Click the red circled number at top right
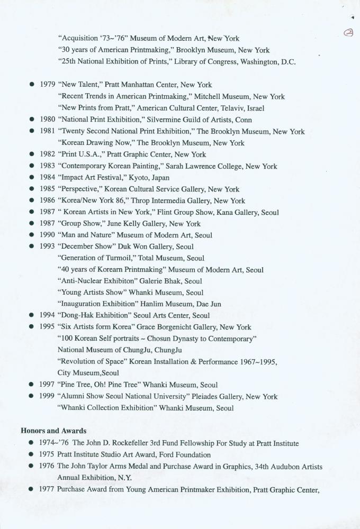(x=348, y=32)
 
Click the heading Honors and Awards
(x=53, y=431)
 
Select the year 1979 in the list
(x=48, y=85)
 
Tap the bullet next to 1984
(x=32, y=178)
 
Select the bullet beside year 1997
(x=32, y=385)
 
